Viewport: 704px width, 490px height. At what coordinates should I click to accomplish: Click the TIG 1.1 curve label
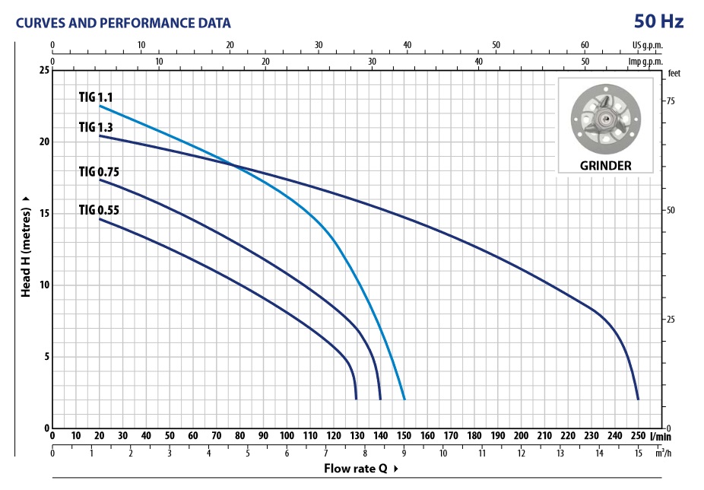tap(96, 97)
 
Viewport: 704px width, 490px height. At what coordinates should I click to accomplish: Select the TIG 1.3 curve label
tap(96, 127)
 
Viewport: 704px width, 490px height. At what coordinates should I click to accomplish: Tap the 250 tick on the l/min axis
tap(638, 437)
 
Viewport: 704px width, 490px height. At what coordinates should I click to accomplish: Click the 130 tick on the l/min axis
tap(357, 437)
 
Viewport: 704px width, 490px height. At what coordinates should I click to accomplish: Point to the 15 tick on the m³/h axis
tap(638, 454)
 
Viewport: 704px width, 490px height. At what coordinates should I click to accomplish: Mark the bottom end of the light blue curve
tap(404, 399)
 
